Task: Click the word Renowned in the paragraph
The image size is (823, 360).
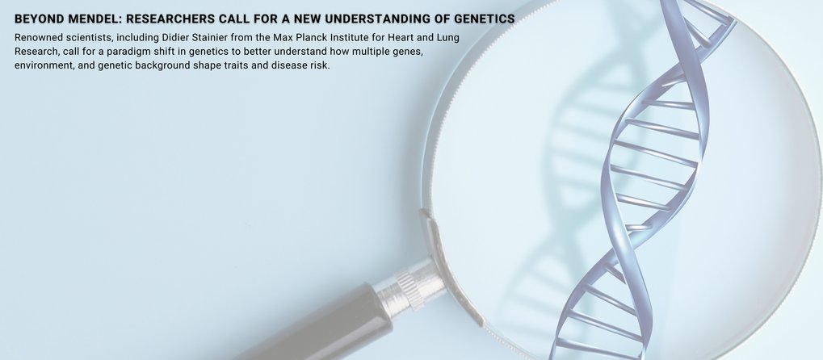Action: [38, 38]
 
